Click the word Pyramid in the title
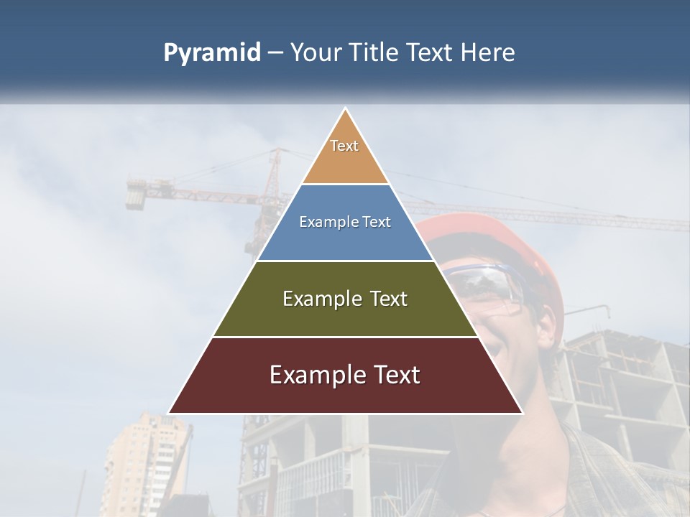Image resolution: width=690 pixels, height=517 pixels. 212,53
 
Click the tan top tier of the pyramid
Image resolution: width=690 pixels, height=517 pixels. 345,162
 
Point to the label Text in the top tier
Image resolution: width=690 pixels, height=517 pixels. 344,146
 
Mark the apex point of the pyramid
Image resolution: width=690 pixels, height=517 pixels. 346,110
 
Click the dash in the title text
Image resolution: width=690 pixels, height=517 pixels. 275,53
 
